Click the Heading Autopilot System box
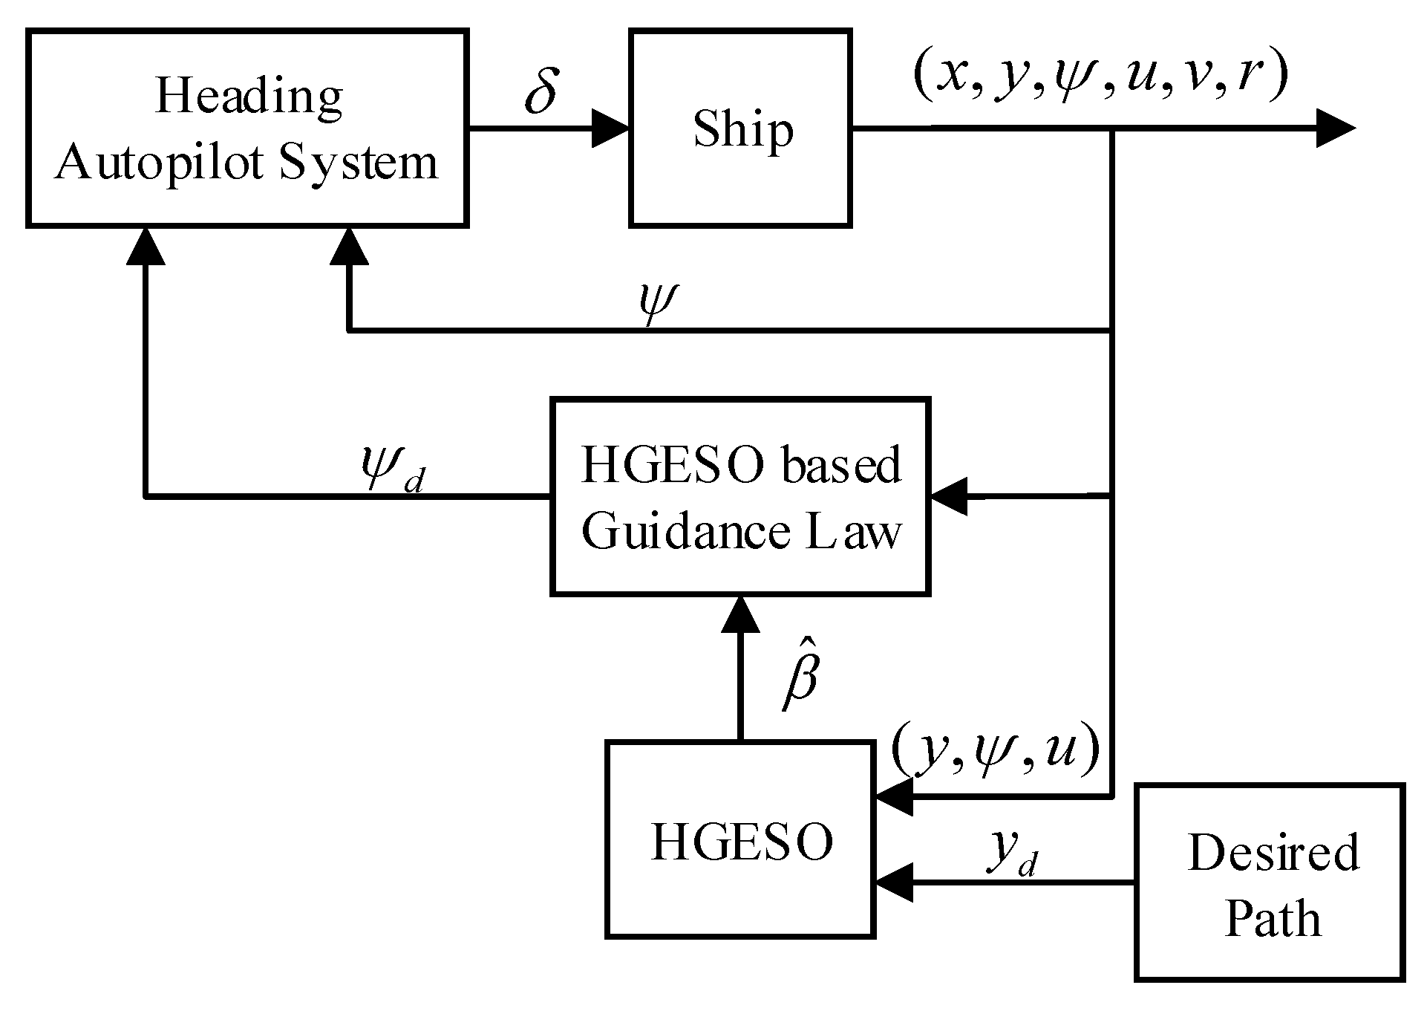247,128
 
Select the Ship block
740,128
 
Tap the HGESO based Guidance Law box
740,496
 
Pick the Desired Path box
1270,882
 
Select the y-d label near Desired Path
1013,854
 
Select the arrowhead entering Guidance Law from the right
949,496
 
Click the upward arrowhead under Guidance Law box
740,614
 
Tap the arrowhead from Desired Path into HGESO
893,883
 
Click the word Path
1273,919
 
